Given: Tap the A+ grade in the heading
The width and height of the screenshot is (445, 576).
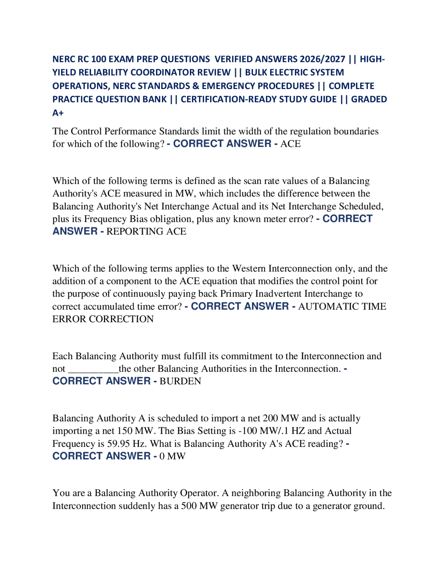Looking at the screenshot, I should (x=58, y=113).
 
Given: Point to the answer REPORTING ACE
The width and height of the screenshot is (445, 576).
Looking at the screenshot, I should (x=146, y=232).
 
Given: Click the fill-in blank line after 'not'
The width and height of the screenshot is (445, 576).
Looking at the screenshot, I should (x=93, y=369).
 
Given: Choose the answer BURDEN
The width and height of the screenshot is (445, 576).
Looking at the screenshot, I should (x=180, y=382).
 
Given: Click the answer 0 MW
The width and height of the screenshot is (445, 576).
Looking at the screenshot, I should (x=172, y=456).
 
